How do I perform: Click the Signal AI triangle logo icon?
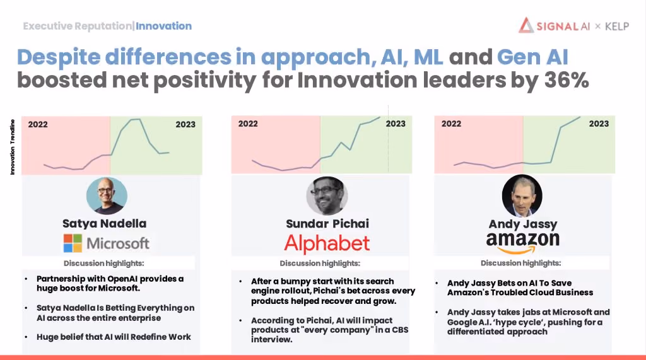pyautogui.click(x=526, y=26)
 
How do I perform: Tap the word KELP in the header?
pyautogui.click(x=617, y=26)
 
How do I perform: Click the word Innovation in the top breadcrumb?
pyautogui.click(x=163, y=26)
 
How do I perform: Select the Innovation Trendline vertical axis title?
pyautogui.click(x=13, y=147)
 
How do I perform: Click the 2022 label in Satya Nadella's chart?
pyautogui.click(x=37, y=124)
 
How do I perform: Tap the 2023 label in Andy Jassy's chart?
pyautogui.click(x=599, y=124)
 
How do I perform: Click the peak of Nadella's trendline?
pyautogui.click(x=136, y=119)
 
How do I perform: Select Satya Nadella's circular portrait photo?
pyautogui.click(x=107, y=195)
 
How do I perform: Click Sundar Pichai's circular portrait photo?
pyautogui.click(x=327, y=195)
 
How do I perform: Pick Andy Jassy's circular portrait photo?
pyautogui.click(x=522, y=195)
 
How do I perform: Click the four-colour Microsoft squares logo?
pyautogui.click(x=73, y=243)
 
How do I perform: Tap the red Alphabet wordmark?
pyautogui.click(x=327, y=243)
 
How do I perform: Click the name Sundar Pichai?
pyautogui.click(x=327, y=224)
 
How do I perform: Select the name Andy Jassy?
pyautogui.click(x=522, y=224)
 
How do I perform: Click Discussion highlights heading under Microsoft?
pyautogui.click(x=104, y=263)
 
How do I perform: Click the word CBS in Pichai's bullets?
pyautogui.click(x=399, y=330)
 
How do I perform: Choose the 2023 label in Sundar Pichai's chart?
pyautogui.click(x=396, y=124)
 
